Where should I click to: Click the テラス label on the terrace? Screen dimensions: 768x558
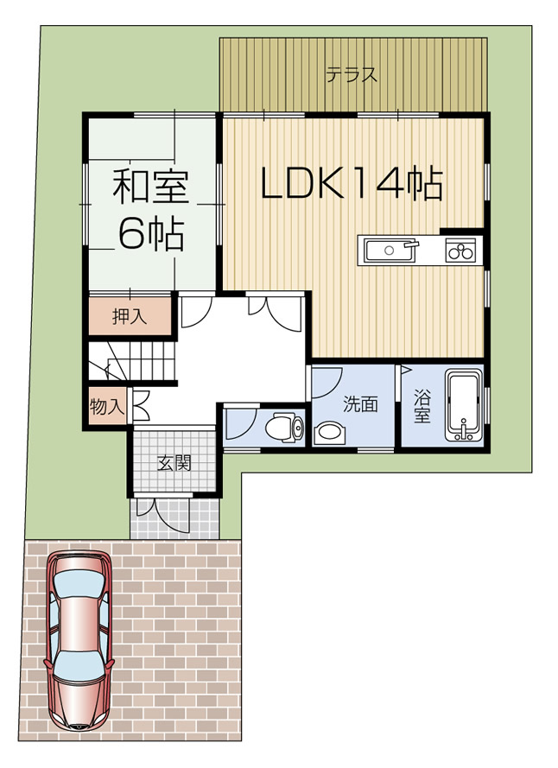[x=351, y=74]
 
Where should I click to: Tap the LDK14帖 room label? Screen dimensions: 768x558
[x=352, y=183]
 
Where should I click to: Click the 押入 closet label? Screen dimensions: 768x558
[x=130, y=317]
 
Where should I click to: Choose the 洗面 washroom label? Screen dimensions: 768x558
[x=360, y=403]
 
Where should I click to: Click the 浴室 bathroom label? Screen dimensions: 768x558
[x=422, y=406]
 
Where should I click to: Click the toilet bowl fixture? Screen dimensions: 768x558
[x=282, y=427]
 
